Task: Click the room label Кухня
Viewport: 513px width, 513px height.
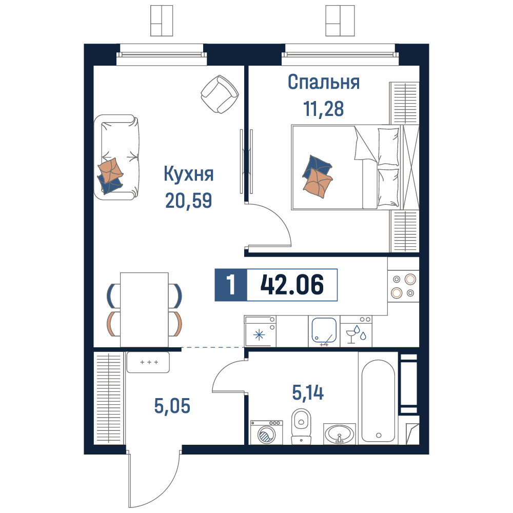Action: [189, 174]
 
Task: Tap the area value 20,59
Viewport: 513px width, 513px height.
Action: [189, 200]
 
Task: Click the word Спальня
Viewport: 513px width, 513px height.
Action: [324, 82]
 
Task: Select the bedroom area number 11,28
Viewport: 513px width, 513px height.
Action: [324, 109]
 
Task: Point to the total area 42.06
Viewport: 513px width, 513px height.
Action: [292, 285]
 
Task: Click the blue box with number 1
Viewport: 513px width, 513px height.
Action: [231, 285]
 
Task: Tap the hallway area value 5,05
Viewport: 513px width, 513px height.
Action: [172, 406]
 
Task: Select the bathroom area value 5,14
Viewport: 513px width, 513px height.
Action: [308, 392]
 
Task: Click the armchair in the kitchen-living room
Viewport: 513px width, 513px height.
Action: [220, 94]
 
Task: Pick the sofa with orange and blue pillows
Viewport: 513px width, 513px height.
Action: [117, 157]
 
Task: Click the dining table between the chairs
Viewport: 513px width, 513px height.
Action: [144, 309]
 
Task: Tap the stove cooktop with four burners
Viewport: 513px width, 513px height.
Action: [403, 286]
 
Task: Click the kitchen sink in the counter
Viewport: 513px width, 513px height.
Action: [324, 331]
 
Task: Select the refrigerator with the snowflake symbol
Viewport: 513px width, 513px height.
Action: [260, 331]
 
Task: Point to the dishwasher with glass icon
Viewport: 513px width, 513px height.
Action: [356, 331]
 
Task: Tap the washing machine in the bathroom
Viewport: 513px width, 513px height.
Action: [266, 432]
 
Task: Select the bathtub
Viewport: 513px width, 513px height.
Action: [378, 401]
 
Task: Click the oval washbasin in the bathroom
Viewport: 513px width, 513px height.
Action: [339, 434]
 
